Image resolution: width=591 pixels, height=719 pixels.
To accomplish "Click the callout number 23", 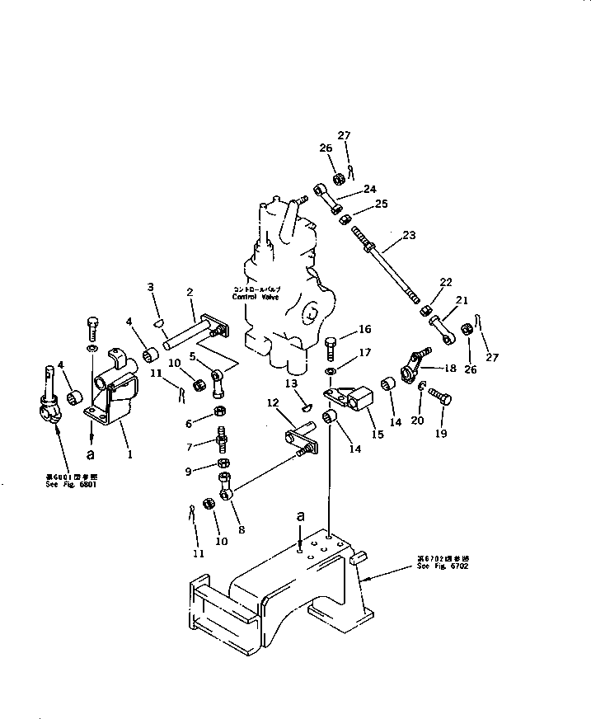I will (409, 235).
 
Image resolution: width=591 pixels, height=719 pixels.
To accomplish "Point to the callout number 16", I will (366, 329).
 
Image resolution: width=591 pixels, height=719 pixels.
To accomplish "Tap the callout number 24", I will (369, 188).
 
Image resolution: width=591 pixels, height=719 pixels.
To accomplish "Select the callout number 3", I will (151, 288).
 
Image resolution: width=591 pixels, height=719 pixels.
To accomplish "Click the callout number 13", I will (292, 385).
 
